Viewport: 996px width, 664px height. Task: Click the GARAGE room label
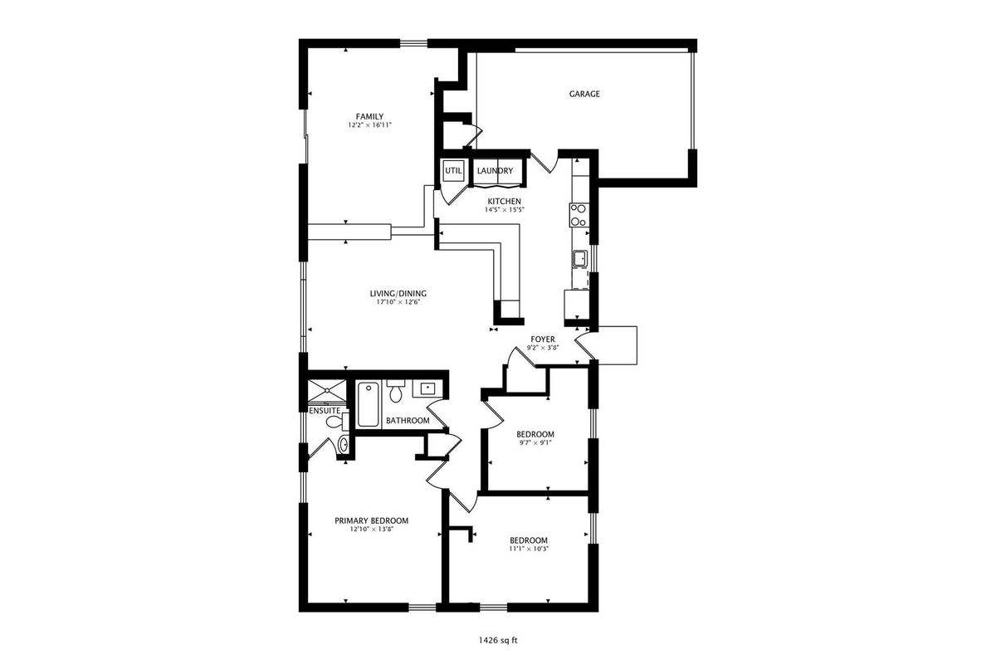[x=584, y=94]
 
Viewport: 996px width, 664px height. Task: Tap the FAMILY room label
[x=369, y=116]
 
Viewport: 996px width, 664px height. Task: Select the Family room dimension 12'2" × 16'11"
[x=369, y=125]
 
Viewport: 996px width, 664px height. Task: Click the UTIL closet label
[x=453, y=170]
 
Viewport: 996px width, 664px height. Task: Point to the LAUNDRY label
[x=495, y=171]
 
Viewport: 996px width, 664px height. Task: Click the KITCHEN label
[x=505, y=202]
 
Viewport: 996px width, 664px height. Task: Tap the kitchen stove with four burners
[x=579, y=215]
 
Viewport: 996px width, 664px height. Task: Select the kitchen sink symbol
[x=580, y=258]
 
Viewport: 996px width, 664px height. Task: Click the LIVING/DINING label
[x=398, y=294]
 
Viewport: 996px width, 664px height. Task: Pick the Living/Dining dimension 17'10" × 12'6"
[x=398, y=302]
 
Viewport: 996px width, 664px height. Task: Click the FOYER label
[x=543, y=339]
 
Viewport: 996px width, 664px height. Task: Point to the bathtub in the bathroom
[x=368, y=404]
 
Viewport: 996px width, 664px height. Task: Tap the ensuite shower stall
[x=327, y=391]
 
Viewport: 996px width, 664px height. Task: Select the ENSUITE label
[x=325, y=411]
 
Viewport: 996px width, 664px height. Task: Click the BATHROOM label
[x=408, y=421]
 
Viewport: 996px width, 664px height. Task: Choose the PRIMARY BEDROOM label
[x=371, y=520]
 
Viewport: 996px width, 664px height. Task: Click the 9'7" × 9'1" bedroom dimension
[x=535, y=443]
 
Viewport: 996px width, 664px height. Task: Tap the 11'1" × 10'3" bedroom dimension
[x=529, y=549]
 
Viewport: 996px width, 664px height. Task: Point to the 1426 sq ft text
[x=498, y=641]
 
